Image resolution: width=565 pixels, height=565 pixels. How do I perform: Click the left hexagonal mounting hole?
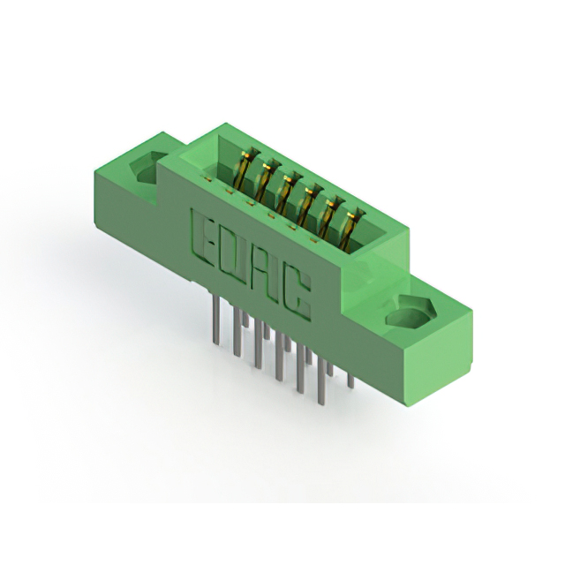point(147,167)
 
